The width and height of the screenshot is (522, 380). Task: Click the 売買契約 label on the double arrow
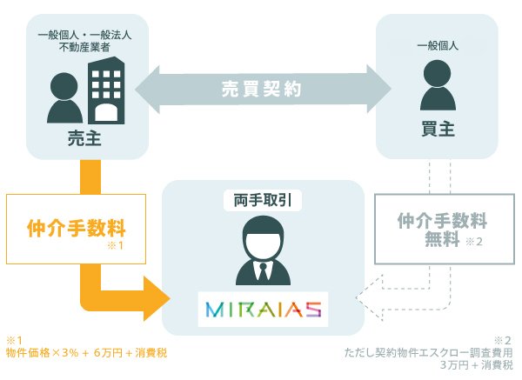pos(262,89)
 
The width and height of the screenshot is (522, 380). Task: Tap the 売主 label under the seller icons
pos(84,137)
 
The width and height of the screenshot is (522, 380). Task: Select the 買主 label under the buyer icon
pos(438,129)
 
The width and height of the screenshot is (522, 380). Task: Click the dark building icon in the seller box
pos(106,90)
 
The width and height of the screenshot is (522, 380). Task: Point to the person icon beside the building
pos(64,98)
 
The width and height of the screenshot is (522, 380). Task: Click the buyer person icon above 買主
pos(438,85)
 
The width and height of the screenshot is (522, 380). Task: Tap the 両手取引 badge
pos(263,200)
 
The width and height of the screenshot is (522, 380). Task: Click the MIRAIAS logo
pos(263,309)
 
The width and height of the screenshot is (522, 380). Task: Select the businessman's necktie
pos(264,274)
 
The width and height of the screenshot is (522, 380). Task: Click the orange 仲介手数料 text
pos(77,228)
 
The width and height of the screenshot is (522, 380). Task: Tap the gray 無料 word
pos(442,238)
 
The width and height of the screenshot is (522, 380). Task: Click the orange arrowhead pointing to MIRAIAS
pos(157,298)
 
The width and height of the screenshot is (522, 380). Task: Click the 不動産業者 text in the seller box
pos(84,47)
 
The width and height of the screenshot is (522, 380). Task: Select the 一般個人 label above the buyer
pos(438,45)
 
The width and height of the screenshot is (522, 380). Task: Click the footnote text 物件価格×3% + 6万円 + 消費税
pos(86,353)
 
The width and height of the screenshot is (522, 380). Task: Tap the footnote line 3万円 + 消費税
pos(477,365)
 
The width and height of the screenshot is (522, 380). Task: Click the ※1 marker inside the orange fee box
pos(116,245)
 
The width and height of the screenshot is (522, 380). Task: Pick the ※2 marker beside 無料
pos(474,242)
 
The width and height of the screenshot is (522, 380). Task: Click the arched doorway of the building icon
pos(106,112)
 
